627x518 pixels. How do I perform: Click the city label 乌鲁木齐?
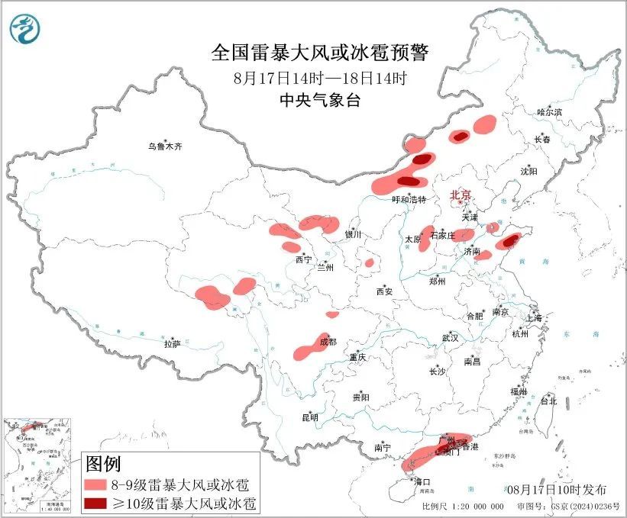coord(166,146)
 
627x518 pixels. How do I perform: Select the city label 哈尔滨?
coord(548,112)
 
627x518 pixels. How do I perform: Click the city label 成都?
coord(328,342)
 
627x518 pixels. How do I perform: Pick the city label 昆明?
coord(309,417)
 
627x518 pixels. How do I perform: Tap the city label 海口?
coord(422,481)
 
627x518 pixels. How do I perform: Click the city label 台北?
coord(548,401)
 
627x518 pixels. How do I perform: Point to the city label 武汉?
coord(450,337)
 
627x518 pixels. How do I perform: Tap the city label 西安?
coord(383,291)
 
